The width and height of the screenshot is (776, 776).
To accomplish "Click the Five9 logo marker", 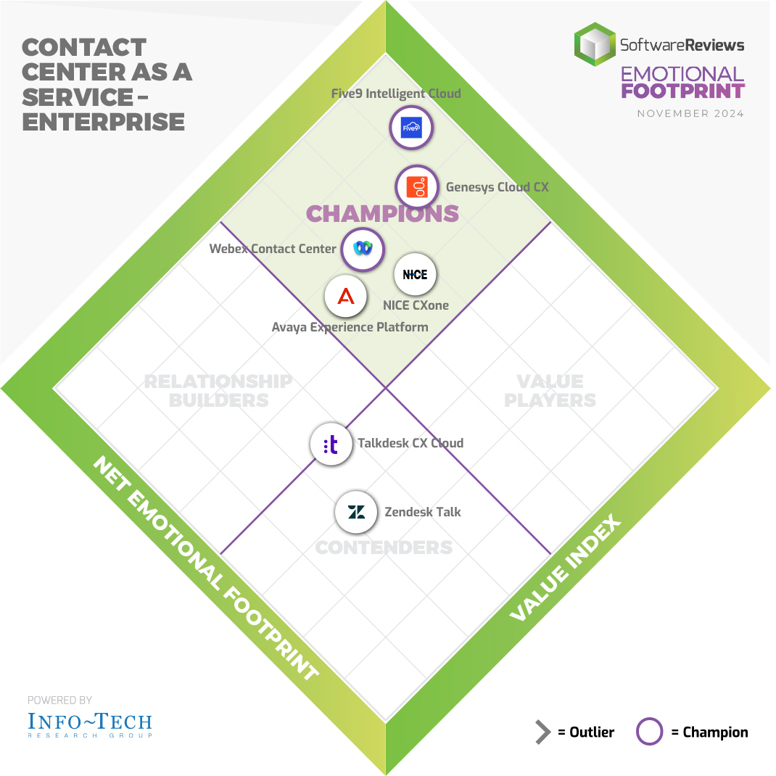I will pos(411,128).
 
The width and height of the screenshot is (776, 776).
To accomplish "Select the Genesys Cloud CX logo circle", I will pos(417,188).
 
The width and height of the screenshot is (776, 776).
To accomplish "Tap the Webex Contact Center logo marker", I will pos(363,249).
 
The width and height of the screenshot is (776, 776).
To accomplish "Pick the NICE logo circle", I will pos(416,275).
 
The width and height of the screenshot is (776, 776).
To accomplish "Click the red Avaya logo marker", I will pos(346,297).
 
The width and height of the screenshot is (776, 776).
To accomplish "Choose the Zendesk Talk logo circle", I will pos(356,512).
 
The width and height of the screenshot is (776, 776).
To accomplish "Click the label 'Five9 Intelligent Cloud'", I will pos(396,94).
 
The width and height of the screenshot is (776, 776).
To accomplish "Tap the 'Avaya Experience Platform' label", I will pos(350,327).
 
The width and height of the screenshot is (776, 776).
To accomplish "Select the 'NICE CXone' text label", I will pos(416,305).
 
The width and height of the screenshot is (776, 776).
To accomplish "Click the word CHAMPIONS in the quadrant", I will pos(382,213).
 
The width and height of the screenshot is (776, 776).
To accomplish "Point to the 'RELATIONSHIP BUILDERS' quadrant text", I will pos(218,390).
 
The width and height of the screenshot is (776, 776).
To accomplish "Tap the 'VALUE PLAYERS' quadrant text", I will pos(550,390).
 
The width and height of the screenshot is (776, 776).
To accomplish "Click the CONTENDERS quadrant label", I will pos(384,548).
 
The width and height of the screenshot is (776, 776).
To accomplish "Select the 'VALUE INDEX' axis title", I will pos(566,569).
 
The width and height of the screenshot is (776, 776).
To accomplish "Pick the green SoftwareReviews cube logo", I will pos(594,44).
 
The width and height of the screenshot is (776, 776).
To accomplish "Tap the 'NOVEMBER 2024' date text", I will pos(690,114).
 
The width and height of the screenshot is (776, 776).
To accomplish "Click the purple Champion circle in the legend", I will pos(649,732).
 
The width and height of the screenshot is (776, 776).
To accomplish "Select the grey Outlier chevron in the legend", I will pos(543,732).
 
